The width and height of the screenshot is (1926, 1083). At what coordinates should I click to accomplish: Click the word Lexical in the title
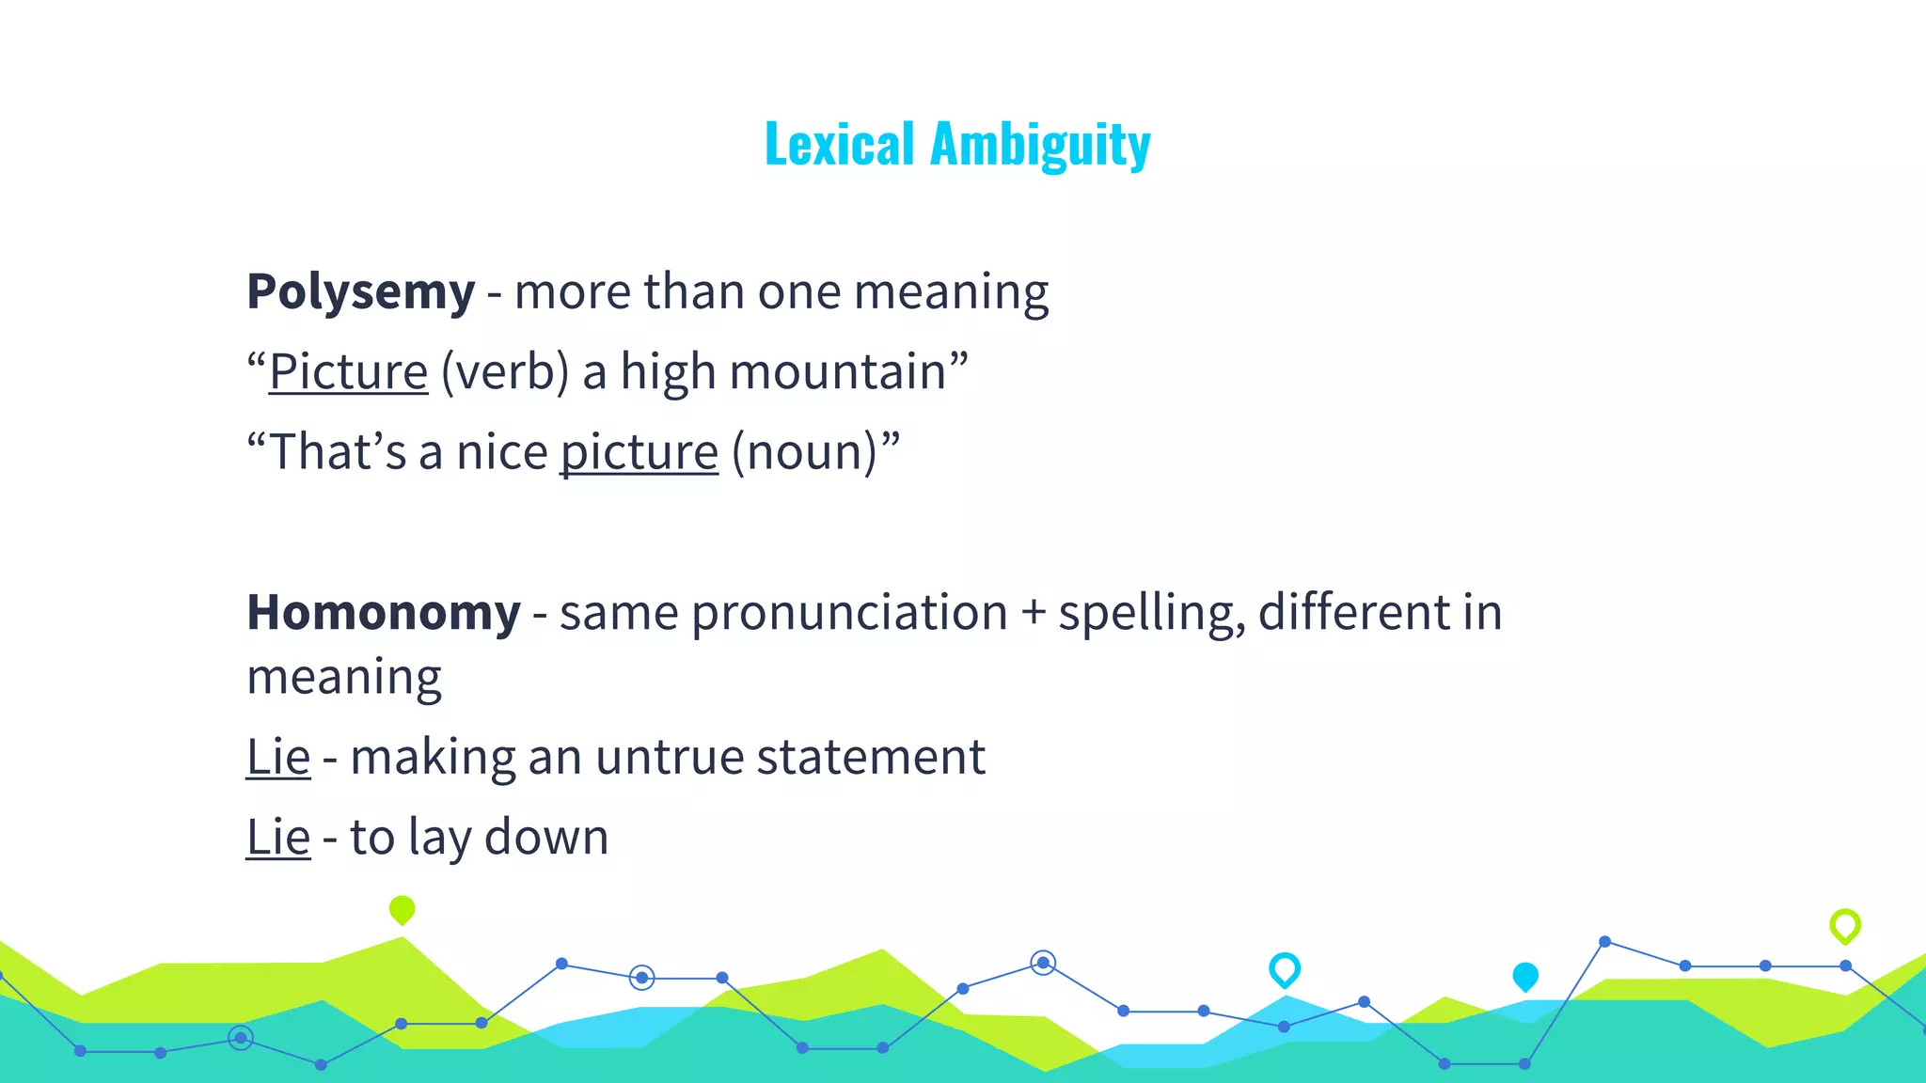[839, 145]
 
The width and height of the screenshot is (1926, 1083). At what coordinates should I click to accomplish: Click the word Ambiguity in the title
[1040, 147]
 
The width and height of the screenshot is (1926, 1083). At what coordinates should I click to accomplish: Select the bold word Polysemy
[360, 291]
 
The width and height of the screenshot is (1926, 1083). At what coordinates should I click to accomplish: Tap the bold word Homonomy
[383, 613]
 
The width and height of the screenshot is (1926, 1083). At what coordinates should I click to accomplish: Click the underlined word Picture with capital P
[348, 372]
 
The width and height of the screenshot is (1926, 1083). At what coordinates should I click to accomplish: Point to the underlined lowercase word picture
[639, 453]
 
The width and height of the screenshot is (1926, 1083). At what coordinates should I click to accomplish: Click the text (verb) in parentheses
[505, 372]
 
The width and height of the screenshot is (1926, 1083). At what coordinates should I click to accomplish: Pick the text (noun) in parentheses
[804, 453]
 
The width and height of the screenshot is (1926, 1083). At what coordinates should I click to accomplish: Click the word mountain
[837, 372]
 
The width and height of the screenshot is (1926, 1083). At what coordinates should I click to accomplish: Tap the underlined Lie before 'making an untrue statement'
[277, 758]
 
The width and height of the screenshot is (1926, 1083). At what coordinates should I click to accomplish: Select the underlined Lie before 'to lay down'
[277, 838]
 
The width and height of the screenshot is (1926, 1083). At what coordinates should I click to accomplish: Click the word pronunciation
[849, 613]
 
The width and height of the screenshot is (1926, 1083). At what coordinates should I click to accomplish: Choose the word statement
[871, 758]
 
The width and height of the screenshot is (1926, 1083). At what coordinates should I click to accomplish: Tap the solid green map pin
[402, 909]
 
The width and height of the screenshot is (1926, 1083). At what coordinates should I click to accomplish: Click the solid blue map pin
[1524, 977]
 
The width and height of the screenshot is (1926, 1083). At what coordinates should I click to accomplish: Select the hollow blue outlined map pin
[1284, 968]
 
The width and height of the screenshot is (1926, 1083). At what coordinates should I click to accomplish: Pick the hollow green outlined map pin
[1844, 925]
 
